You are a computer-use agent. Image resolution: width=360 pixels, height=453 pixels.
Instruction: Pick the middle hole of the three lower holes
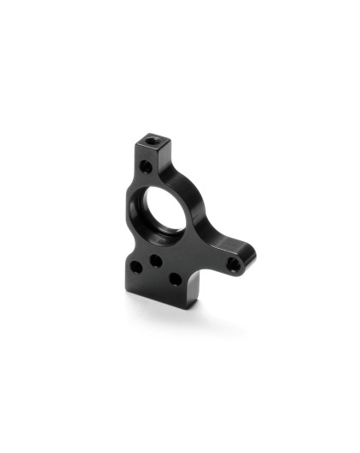(x=157, y=257)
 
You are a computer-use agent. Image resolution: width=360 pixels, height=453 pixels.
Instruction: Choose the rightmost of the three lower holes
(x=174, y=279)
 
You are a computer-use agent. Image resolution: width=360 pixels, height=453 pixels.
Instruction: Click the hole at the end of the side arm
(x=232, y=265)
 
